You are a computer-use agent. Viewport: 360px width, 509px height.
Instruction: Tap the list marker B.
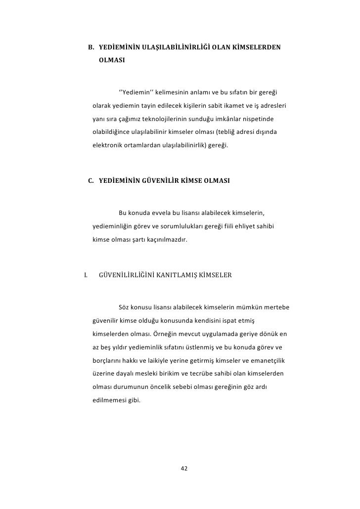[x=91, y=48]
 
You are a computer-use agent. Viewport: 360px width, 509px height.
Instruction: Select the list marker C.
[x=91, y=180]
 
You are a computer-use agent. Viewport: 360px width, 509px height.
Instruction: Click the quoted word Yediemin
[x=137, y=92]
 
